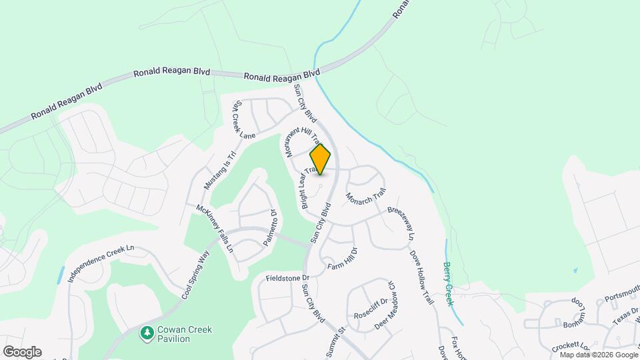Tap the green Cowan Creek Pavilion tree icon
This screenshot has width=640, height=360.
click(x=146, y=332)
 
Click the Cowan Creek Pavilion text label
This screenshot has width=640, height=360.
click(x=174, y=334)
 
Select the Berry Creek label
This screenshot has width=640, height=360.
click(x=448, y=283)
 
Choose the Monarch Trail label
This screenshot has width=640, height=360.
click(x=365, y=197)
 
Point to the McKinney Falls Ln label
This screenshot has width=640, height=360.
click(x=215, y=227)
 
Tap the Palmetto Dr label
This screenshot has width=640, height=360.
click(x=269, y=229)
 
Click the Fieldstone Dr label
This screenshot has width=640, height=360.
click(x=288, y=277)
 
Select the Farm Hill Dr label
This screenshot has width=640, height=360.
click(x=343, y=259)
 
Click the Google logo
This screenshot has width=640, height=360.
click(x=22, y=351)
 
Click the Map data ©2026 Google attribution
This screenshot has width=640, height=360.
click(x=598, y=355)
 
